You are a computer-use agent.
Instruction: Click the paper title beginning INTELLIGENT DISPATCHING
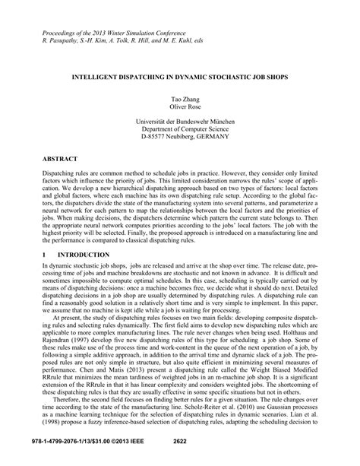click(x=179, y=78)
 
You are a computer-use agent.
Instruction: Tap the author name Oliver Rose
click(x=179, y=109)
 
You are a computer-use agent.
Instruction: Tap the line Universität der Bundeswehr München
click(x=179, y=124)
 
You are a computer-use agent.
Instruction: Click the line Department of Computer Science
click(x=179, y=132)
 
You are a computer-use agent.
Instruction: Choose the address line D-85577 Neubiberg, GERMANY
click(x=179, y=141)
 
